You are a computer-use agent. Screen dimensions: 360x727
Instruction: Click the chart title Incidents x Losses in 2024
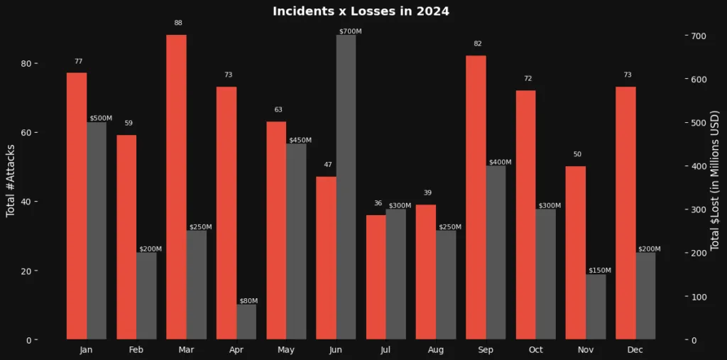[362, 11]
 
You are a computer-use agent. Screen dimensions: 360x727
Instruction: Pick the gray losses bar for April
[246, 322]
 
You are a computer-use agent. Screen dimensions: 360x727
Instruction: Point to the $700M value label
[350, 31]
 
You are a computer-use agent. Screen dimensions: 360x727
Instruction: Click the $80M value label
[248, 301]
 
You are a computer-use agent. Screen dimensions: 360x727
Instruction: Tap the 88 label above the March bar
[178, 23]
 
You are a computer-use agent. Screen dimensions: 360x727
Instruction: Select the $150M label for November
[600, 271]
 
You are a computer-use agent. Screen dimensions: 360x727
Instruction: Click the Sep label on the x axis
[486, 350]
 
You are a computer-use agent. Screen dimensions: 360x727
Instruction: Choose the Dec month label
[635, 350]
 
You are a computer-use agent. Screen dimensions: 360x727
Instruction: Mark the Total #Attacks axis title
[11, 180]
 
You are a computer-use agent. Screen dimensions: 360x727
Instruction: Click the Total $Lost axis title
[715, 180]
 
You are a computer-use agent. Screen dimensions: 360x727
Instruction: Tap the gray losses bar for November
[596, 307]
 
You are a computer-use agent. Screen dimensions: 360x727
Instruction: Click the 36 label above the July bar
[378, 204]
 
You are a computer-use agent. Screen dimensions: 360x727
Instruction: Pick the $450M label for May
[300, 140]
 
